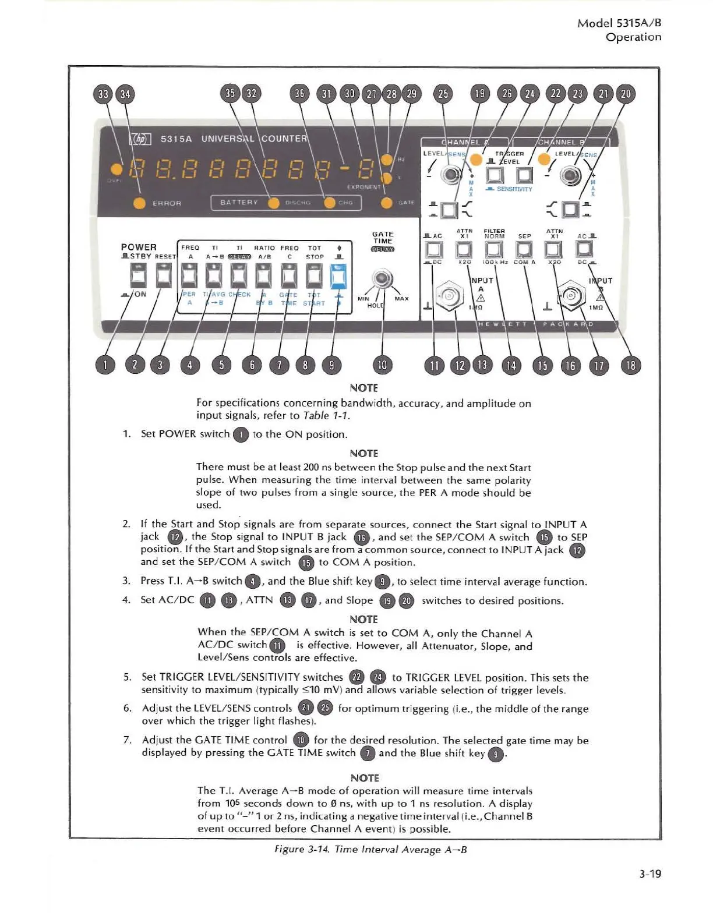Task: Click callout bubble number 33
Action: [103, 94]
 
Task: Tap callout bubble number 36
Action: [299, 94]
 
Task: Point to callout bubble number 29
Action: [411, 94]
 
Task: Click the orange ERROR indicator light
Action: [139, 203]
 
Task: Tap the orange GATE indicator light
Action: [386, 202]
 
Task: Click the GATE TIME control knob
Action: [382, 278]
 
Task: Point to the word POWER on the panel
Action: [139, 247]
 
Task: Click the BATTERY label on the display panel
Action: [239, 203]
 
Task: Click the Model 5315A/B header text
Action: [619, 23]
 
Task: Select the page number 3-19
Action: [650, 874]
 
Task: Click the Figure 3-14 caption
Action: [370, 849]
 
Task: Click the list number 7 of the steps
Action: [127, 740]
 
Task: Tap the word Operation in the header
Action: [633, 37]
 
